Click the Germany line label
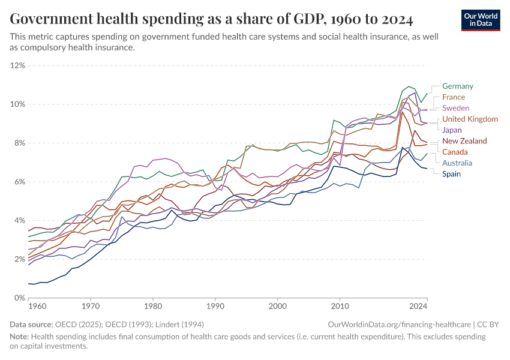(x=457, y=86)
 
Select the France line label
(x=453, y=97)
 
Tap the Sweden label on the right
(x=455, y=108)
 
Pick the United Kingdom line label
(x=470, y=119)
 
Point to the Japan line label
(x=452, y=130)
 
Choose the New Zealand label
(x=465, y=141)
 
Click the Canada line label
(x=455, y=152)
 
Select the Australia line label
(x=457, y=163)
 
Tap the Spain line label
(x=452, y=174)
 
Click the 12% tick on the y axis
(x=17, y=65)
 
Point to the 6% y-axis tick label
(x=19, y=182)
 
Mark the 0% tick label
(x=19, y=298)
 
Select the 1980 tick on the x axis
(x=152, y=306)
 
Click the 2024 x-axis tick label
(x=418, y=306)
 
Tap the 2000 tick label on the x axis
(x=277, y=306)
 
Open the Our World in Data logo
(x=481, y=20)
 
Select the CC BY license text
(x=490, y=324)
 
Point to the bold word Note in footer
(x=19, y=336)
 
